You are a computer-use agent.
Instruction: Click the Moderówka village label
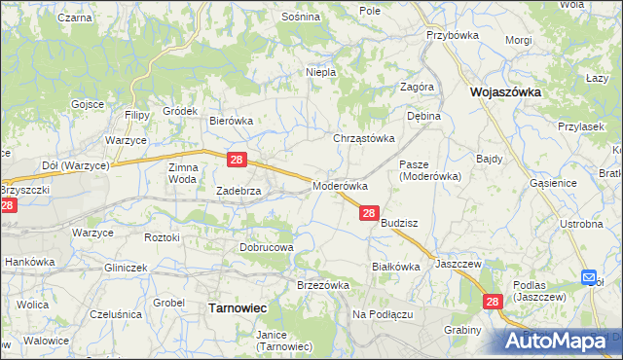(340, 185)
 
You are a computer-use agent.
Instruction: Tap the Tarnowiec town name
(238, 307)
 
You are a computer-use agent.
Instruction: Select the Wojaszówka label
(505, 92)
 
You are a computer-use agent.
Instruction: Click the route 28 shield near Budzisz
(369, 213)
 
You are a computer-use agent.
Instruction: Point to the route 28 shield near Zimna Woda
(237, 159)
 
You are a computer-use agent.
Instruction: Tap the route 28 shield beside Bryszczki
(8, 206)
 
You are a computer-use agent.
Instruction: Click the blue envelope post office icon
(589, 278)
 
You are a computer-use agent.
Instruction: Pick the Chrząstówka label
(365, 138)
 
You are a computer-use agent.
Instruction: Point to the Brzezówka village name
(322, 284)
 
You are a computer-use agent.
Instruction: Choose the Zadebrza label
(238, 192)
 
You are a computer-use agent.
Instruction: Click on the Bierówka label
(232, 121)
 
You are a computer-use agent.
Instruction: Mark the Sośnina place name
(300, 18)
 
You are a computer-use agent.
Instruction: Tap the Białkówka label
(395, 266)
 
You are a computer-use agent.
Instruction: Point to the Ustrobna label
(581, 224)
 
